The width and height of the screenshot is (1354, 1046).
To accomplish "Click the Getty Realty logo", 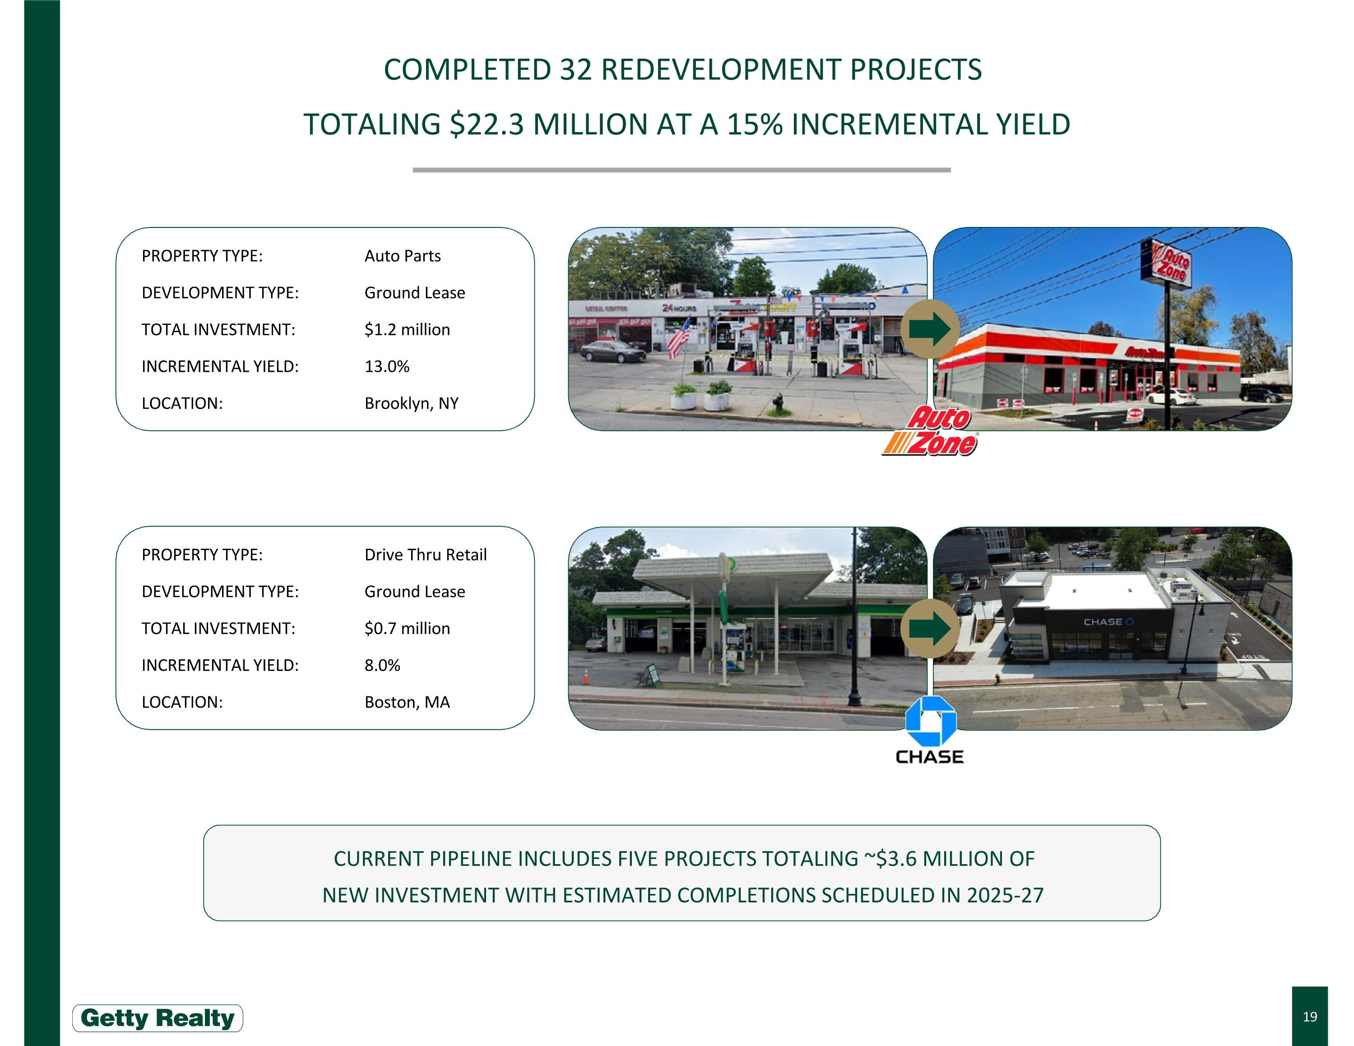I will click(158, 1018).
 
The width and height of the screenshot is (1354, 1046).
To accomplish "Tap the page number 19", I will click(1309, 1016).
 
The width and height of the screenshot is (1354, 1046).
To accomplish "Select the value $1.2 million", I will click(407, 330).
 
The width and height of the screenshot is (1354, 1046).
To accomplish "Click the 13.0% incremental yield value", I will click(387, 366).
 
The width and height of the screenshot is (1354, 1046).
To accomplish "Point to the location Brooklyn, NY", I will click(411, 403).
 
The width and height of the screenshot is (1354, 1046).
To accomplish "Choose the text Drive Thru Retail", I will click(425, 555).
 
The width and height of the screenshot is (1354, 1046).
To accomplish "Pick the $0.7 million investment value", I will click(407, 628).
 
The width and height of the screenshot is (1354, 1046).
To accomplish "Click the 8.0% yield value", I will click(382, 665).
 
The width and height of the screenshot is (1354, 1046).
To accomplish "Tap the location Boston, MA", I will click(407, 702).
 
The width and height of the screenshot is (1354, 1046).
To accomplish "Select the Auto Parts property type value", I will click(402, 256).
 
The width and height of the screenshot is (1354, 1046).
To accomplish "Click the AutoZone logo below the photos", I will click(930, 432).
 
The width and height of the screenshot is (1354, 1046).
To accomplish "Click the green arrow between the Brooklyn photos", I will click(929, 329).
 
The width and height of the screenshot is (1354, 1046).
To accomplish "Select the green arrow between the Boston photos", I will click(929, 628).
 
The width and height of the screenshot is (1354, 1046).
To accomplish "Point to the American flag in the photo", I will click(679, 338).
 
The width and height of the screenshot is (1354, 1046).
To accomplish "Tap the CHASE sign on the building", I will click(1108, 621).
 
